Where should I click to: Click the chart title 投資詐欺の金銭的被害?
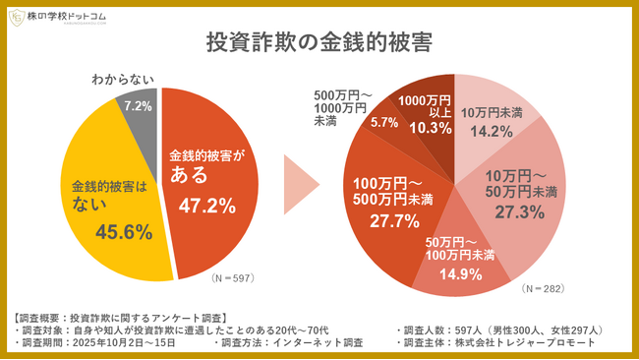coord(319,43)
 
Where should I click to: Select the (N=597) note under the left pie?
coord(233,278)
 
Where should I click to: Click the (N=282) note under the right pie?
coord(546,289)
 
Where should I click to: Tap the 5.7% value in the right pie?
coord(383,123)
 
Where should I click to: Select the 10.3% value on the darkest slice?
coord(430,127)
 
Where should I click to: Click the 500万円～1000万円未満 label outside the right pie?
coord(339,107)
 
